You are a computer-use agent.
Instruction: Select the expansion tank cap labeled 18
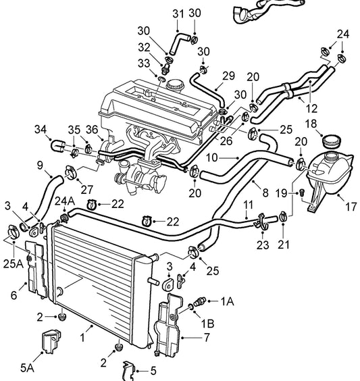332,143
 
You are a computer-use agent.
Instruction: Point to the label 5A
27,367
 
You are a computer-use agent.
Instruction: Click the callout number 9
40,165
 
